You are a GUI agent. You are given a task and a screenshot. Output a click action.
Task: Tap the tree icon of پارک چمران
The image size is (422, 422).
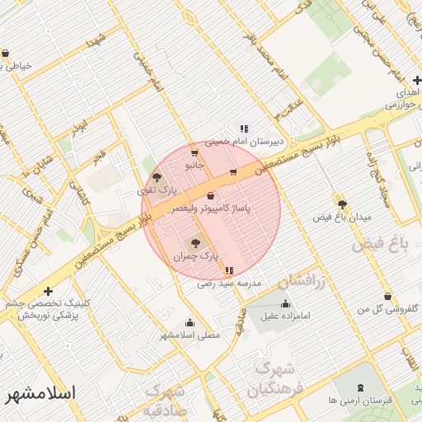(x=195, y=243)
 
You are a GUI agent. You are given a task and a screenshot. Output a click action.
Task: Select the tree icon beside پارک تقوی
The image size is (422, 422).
(x=157, y=176)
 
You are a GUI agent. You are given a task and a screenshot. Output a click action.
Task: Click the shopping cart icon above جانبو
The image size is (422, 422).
(x=194, y=152)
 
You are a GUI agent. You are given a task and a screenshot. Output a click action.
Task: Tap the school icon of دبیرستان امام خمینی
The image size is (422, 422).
(x=244, y=129)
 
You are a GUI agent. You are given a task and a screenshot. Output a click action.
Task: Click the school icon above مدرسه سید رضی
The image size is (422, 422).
(x=229, y=270)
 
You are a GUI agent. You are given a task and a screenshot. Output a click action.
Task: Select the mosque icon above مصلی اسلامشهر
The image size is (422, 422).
(x=190, y=322)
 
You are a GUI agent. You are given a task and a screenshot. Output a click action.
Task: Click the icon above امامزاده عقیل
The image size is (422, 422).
(x=285, y=302)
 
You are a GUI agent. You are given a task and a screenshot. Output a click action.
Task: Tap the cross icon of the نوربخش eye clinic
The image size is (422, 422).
(x=49, y=291)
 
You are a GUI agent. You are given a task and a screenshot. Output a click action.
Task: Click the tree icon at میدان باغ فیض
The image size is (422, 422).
(x=342, y=204)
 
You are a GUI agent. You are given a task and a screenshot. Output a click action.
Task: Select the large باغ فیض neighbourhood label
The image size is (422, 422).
(x=380, y=245)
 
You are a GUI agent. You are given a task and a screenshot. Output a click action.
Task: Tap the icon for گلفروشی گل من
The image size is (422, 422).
(x=387, y=297)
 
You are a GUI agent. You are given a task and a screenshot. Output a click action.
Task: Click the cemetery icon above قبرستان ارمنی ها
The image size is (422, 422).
(x=360, y=387)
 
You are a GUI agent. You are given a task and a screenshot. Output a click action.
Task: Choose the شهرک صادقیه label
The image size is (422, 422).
(x=165, y=401)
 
